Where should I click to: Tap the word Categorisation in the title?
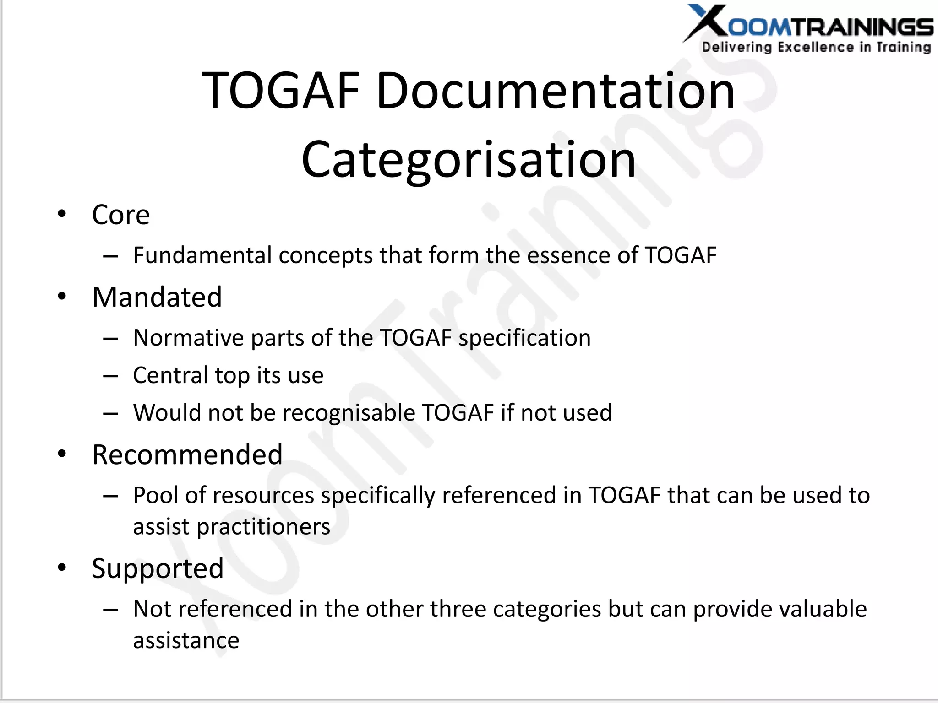469,159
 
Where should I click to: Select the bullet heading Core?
120,215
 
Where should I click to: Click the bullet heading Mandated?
157,297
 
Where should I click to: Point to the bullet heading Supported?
158,568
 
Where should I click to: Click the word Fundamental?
202,255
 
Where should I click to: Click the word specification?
524,339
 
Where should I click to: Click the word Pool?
155,495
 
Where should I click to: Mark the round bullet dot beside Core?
62,214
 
